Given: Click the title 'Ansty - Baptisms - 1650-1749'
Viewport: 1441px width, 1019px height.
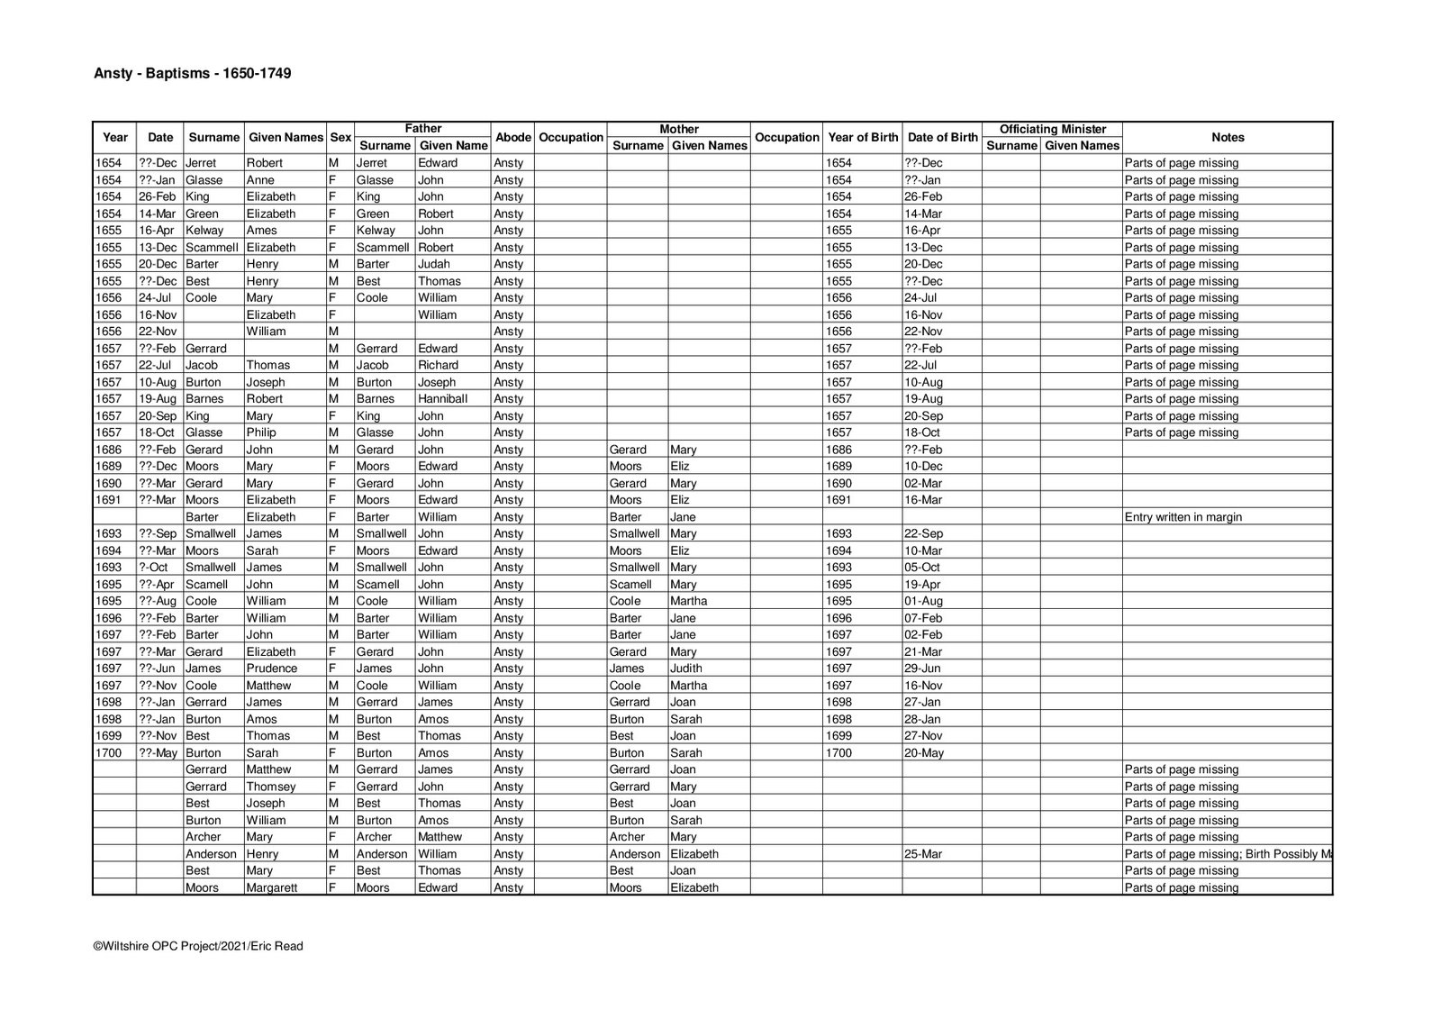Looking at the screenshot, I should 192,74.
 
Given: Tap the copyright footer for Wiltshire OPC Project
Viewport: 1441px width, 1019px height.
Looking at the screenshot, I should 198,946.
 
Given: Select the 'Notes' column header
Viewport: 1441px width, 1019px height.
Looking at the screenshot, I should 1227,138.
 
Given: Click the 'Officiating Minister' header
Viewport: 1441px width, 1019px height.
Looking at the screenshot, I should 1052,130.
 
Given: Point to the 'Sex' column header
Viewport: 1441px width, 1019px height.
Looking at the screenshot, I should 340,138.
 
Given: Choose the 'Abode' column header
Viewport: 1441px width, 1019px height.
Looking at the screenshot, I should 512,138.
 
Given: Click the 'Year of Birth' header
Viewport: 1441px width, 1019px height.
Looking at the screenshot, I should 862,138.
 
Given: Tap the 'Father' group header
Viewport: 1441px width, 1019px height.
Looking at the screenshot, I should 422,130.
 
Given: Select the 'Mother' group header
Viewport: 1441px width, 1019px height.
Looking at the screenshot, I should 678,130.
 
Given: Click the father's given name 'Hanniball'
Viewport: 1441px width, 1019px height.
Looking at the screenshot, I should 442,399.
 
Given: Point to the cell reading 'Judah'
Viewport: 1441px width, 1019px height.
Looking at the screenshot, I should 433,264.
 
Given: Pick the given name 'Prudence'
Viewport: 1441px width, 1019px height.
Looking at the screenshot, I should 271,669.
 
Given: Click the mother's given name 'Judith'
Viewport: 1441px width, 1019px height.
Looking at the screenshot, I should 686,669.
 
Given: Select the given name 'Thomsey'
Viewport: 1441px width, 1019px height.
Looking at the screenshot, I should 270,787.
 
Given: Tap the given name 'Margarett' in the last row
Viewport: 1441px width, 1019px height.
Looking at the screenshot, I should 273,887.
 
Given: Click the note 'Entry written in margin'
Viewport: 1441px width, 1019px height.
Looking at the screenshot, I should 1183,517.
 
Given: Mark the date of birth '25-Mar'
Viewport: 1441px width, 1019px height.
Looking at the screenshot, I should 923,854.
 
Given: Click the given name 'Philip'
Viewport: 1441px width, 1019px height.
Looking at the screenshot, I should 261,432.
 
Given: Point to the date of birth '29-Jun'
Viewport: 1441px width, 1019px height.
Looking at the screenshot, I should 922,669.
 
